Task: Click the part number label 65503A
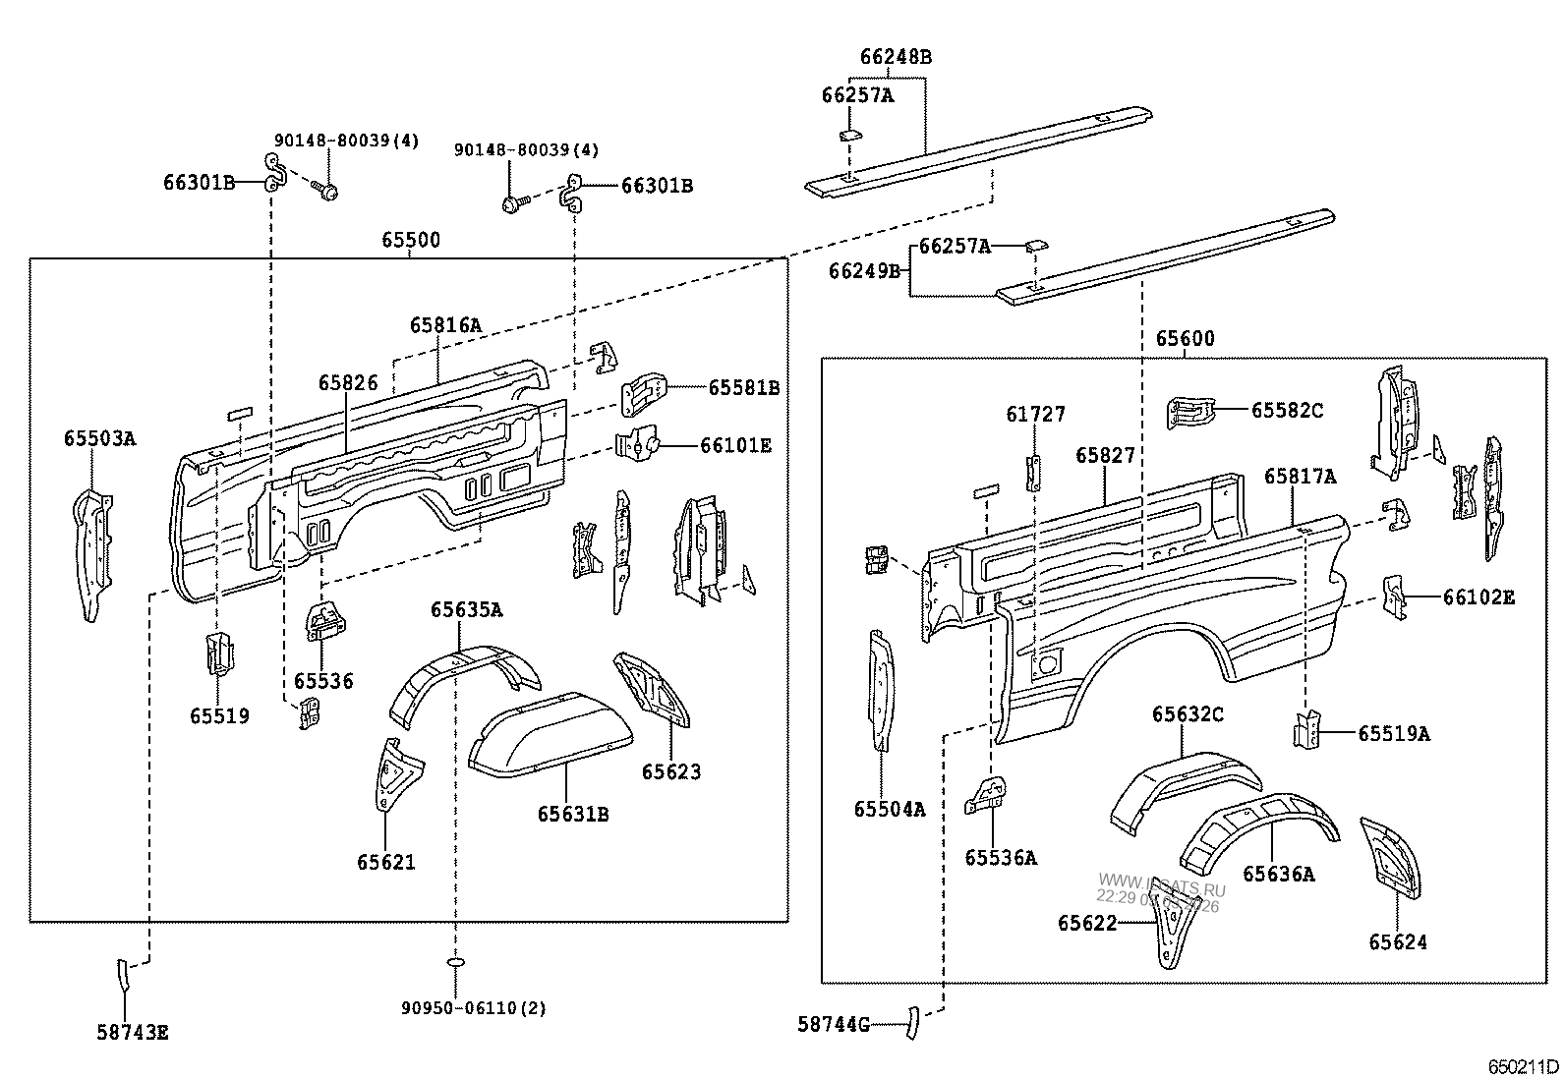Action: click(x=99, y=439)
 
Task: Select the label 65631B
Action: click(x=573, y=814)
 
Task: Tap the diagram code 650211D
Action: click(x=1522, y=1066)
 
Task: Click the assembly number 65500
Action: click(x=411, y=240)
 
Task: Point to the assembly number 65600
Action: click(x=1185, y=339)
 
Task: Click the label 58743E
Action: click(x=133, y=1032)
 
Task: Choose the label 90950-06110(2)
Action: click(x=474, y=1007)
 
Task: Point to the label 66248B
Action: click(x=895, y=57)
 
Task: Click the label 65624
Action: click(x=1397, y=941)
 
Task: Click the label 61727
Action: click(x=1035, y=415)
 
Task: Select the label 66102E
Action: click(x=1478, y=597)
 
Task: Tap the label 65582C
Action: click(x=1286, y=410)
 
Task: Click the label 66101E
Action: click(x=735, y=446)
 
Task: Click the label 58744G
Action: click(x=834, y=1025)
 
